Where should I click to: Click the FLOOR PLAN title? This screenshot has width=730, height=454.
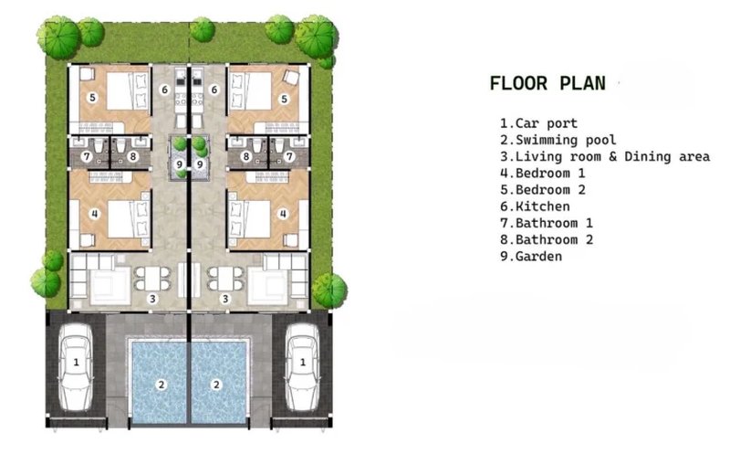click(x=547, y=83)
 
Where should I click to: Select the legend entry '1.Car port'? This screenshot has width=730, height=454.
click(x=538, y=123)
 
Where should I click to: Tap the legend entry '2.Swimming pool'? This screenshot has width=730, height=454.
click(x=558, y=140)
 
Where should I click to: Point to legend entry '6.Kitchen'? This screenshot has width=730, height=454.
click(x=535, y=206)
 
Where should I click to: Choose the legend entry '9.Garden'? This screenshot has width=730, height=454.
click(x=531, y=256)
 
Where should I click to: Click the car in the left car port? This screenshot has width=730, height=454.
click(x=76, y=368)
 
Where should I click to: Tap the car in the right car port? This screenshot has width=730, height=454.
click(x=303, y=368)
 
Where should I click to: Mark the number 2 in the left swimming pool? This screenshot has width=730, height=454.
click(x=162, y=385)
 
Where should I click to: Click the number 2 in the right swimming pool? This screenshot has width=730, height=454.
click(x=216, y=385)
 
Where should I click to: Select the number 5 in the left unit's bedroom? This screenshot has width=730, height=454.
click(x=93, y=98)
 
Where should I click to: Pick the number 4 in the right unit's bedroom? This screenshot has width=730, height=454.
click(x=283, y=214)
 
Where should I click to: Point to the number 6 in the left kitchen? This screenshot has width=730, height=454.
click(x=164, y=90)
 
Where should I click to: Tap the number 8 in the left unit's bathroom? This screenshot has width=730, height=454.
click(x=133, y=156)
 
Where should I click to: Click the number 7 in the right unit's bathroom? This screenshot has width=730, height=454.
click(x=289, y=156)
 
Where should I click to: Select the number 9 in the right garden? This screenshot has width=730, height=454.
click(x=200, y=164)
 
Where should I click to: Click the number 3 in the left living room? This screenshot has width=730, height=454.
click(x=152, y=299)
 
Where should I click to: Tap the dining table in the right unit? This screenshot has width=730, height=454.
click(x=225, y=279)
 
